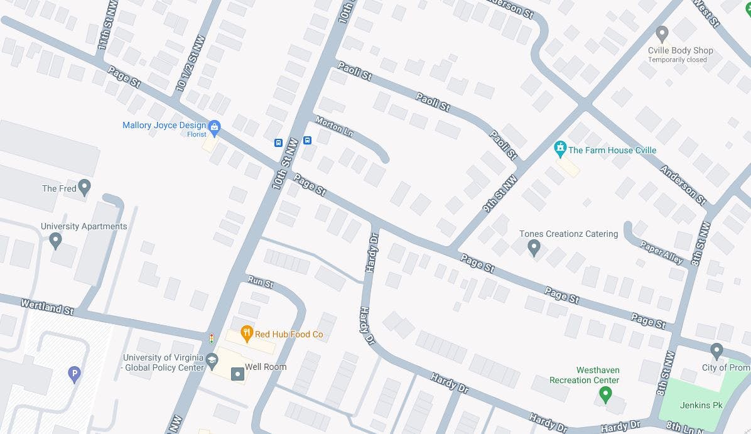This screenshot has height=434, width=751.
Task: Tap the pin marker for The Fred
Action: coord(85,187)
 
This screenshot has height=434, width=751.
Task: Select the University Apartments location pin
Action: coord(55,240)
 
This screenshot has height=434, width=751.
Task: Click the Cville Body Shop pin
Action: coord(661,34)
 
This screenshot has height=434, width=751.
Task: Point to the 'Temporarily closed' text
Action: coord(678,60)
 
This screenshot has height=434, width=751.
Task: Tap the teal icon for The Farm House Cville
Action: coord(560,149)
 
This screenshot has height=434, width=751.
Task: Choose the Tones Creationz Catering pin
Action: coord(534,247)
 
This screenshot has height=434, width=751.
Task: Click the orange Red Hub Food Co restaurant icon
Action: coord(247,334)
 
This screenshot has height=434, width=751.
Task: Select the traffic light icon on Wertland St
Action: coord(212,339)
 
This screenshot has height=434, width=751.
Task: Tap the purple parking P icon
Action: coord(74,375)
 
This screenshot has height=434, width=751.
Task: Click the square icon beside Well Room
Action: coord(237,374)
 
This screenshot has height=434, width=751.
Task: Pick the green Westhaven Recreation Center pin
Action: coord(605,394)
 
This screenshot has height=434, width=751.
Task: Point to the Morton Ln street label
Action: coord(334,126)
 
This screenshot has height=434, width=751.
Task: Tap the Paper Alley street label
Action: coord(661,252)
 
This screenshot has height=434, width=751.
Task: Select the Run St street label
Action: coord(260,281)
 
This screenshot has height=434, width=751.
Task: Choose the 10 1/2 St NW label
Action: coord(190,63)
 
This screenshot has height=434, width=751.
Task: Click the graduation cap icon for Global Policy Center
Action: coord(212,359)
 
